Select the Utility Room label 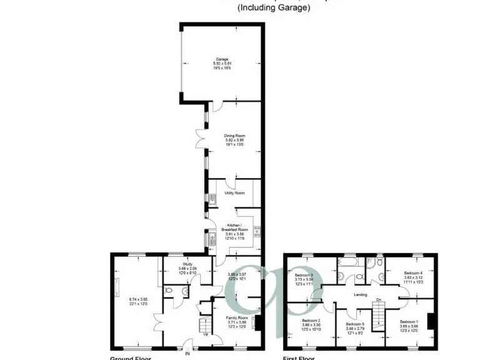point(234,194)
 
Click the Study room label point(187,264)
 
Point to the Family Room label point(237,317)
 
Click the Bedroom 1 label point(409,321)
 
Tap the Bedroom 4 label point(413,273)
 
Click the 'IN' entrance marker point(186,355)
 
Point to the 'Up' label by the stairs point(206,334)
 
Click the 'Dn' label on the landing point(378,301)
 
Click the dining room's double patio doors point(201,140)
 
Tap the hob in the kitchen point(256,233)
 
